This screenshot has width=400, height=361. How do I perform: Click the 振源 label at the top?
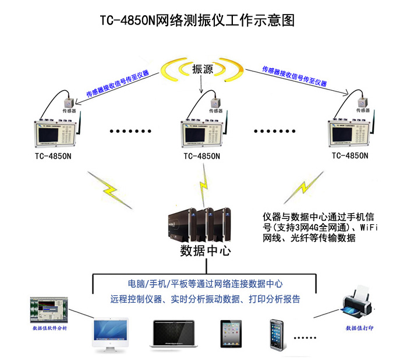pyautogui.click(x=202, y=69)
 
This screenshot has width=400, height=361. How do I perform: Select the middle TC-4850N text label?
pyautogui.click(x=201, y=156)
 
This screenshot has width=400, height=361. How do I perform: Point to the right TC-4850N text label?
pyautogui.click(x=349, y=155)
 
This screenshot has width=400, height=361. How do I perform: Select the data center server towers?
pyautogui.click(x=199, y=225)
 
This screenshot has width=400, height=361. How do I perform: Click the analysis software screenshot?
pyautogui.click(x=49, y=309)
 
